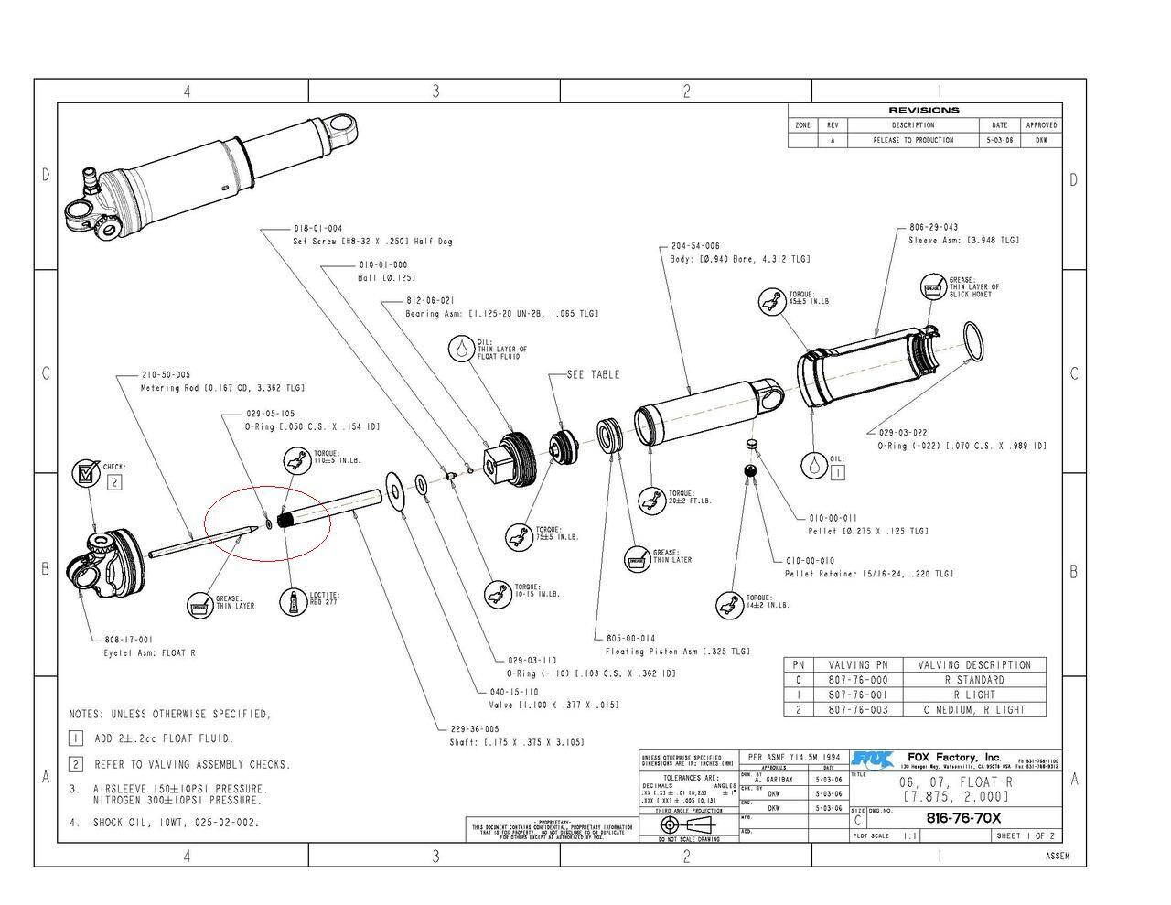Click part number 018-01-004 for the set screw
click(x=317, y=228)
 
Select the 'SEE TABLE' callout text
click(x=593, y=374)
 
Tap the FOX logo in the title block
click(x=872, y=759)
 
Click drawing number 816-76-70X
click(x=963, y=818)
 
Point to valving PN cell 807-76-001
click(x=857, y=695)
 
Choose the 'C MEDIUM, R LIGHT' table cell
click(x=972, y=709)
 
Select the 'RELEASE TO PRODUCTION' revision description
click(x=912, y=140)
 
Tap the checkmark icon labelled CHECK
click(x=86, y=474)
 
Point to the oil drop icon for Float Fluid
click(x=462, y=349)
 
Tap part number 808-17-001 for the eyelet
click(x=128, y=640)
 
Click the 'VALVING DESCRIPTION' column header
click(x=972, y=665)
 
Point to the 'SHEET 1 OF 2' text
click(x=1025, y=835)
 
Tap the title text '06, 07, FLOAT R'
click(x=956, y=782)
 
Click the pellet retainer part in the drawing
click(x=749, y=470)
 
